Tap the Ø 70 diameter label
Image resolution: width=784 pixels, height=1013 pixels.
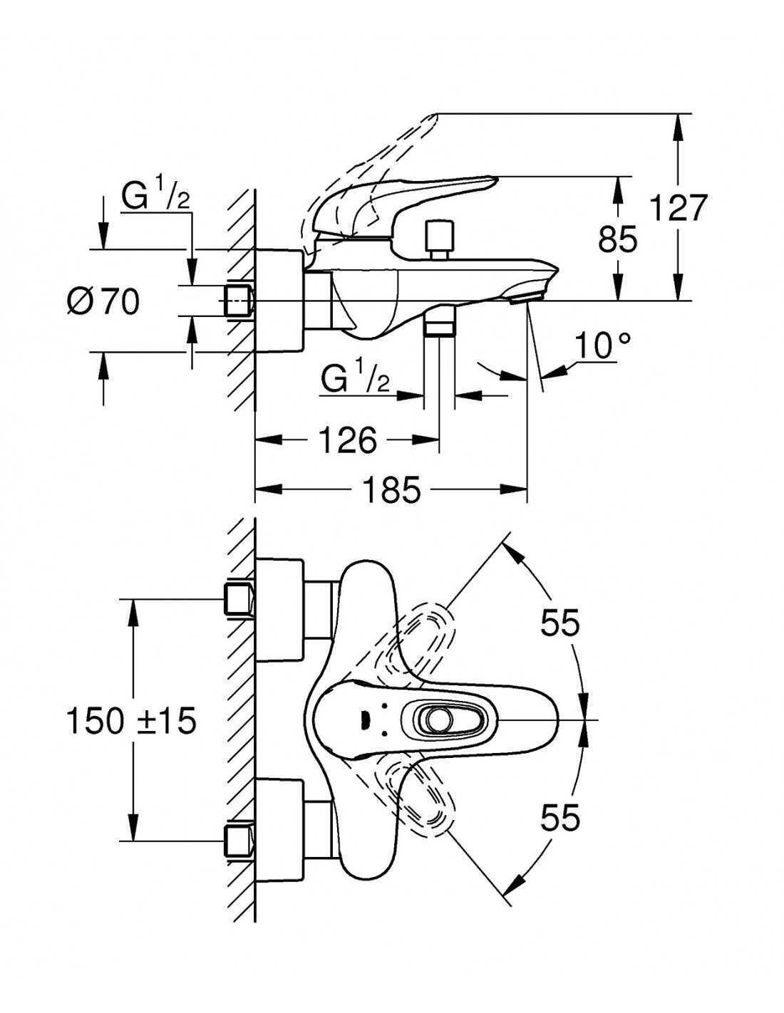point(103,301)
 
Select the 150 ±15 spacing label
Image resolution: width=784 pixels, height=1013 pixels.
point(131,721)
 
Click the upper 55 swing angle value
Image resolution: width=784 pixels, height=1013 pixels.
point(559,623)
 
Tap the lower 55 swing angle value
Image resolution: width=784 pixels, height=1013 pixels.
point(559,818)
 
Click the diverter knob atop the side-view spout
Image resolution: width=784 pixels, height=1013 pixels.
point(440,239)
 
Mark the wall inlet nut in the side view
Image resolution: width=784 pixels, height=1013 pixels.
point(239,301)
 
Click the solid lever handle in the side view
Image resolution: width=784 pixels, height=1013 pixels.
point(401,205)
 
